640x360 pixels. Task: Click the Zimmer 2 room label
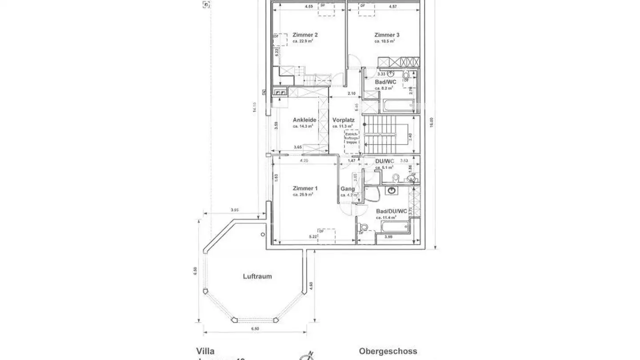pyautogui.click(x=305, y=35)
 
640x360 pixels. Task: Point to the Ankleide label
pyautogui.click(x=304, y=120)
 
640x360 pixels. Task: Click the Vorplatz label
pyautogui.click(x=343, y=120)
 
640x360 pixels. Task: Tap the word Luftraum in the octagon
pyautogui.click(x=257, y=276)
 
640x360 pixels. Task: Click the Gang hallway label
pyautogui.click(x=347, y=189)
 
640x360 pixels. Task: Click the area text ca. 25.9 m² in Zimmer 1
pyautogui.click(x=303, y=195)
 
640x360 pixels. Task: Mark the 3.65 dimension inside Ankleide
pyautogui.click(x=298, y=147)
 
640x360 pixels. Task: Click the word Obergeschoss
pyautogui.click(x=388, y=351)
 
